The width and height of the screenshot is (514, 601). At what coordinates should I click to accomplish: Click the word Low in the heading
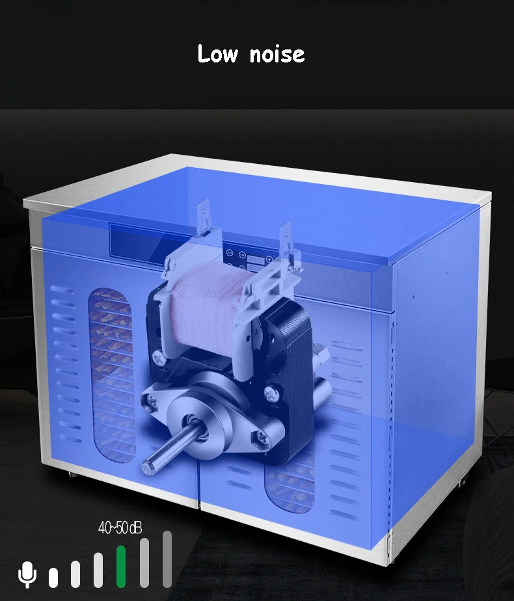[218, 53]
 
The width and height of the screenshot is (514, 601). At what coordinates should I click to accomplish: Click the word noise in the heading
[277, 55]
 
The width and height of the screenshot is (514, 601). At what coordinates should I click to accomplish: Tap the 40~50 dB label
[120, 528]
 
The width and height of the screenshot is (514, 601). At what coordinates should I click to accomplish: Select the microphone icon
[27, 574]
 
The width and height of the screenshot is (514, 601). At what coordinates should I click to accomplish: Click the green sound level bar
[121, 567]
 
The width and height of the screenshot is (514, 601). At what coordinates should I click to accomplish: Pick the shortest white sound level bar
[53, 578]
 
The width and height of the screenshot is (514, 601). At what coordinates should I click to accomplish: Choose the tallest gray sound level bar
[167, 559]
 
